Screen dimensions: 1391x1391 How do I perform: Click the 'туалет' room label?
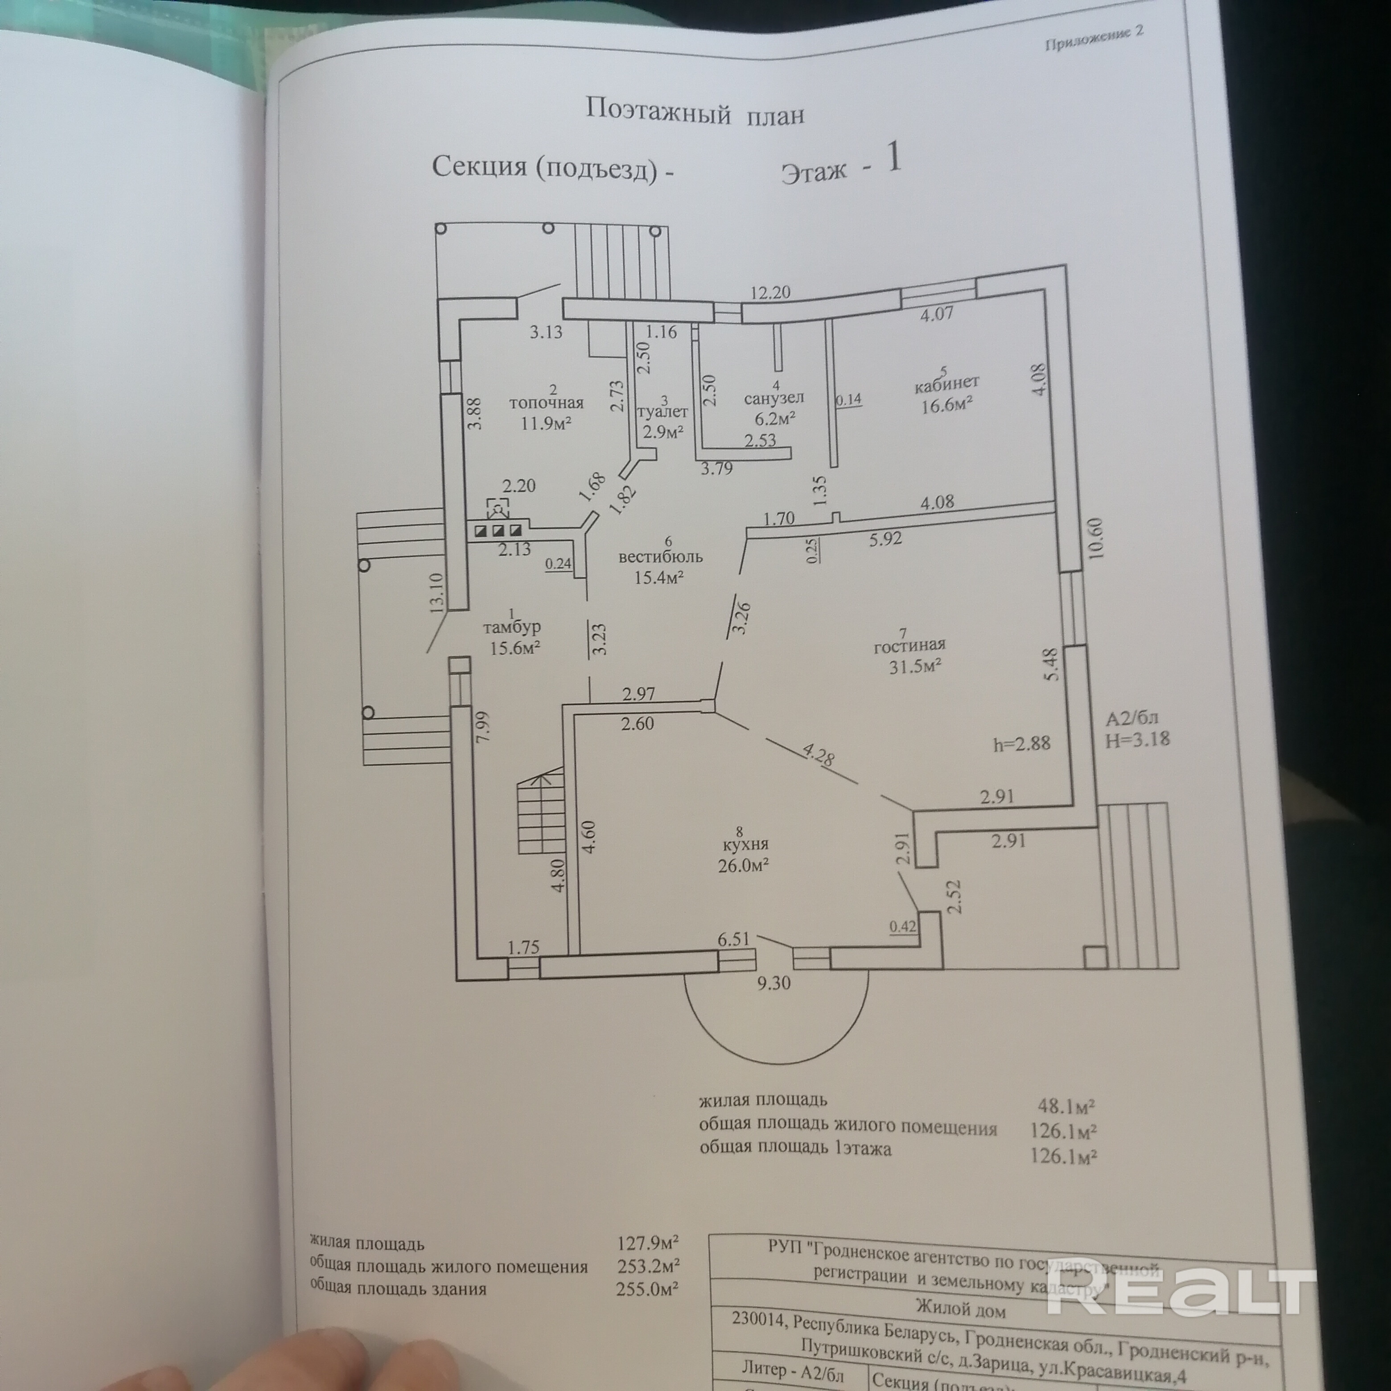pos(663,412)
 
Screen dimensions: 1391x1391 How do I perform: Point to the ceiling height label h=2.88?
pos(1022,744)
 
